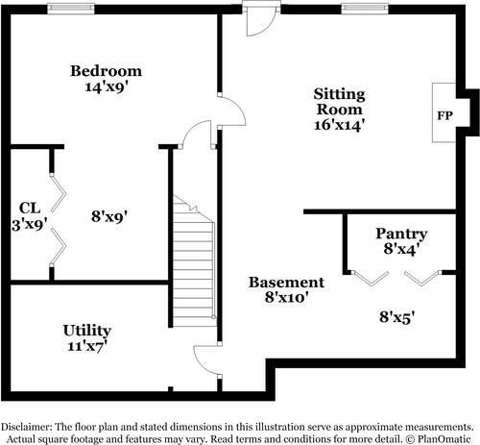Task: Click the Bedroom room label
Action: click(107, 71)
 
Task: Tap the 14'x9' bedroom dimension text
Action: click(107, 87)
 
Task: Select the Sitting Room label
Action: click(339, 102)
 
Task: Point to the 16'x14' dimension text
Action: click(339, 124)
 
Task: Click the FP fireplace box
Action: click(444, 115)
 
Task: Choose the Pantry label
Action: click(401, 234)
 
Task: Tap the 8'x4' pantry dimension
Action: click(401, 249)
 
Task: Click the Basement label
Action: click(286, 283)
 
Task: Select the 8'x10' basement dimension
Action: click(286, 298)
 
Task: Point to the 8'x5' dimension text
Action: click(396, 315)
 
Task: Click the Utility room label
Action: click(86, 330)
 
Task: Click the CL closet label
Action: click(29, 209)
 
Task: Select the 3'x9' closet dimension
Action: click(29, 225)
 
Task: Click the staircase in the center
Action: click(194, 260)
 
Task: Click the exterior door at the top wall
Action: click(259, 17)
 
